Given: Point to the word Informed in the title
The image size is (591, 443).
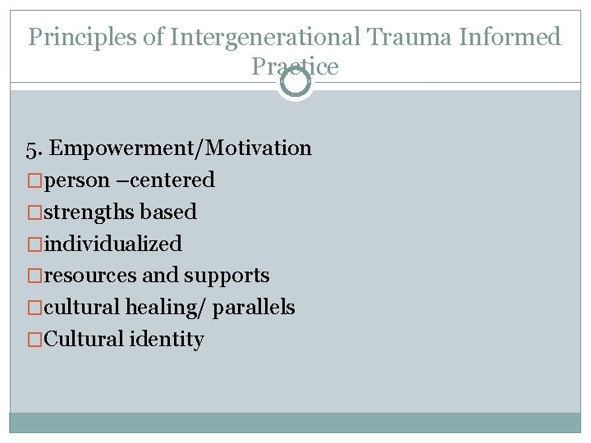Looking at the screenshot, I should click(515, 37).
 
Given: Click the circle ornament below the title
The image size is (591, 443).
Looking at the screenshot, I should click(295, 82).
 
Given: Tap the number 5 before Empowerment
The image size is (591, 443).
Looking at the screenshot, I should click(31, 148).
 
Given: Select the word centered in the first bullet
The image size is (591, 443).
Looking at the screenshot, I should click(176, 180).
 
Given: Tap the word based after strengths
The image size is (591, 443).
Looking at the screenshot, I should click(168, 212).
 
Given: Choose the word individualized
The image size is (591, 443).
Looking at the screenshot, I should click(112, 244).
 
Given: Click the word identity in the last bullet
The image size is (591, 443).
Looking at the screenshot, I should click(167, 340).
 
